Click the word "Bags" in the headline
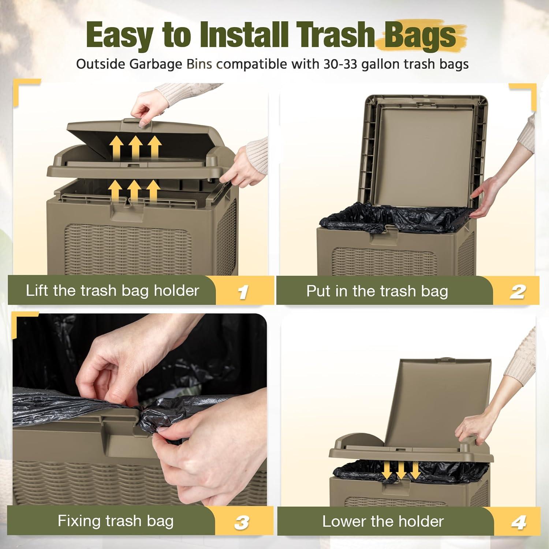pos(420,36)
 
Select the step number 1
pos(243,292)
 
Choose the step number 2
pos(518,292)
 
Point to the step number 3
pos(242,522)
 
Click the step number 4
pos(519,522)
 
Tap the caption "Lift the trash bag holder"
pos(112,291)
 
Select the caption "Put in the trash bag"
pos(377,291)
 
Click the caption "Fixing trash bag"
pos(116,521)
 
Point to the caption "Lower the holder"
pos(383,521)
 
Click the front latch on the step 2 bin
pos(382,235)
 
